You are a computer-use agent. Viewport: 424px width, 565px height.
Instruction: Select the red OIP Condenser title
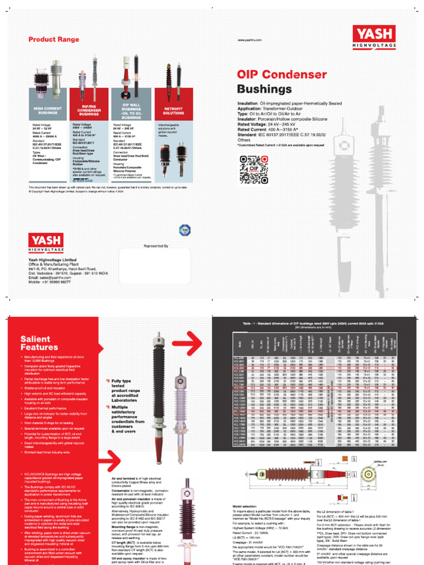[282, 74]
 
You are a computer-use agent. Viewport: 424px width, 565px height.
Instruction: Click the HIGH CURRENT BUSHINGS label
[48, 110]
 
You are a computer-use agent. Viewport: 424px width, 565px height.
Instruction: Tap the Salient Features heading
[39, 343]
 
